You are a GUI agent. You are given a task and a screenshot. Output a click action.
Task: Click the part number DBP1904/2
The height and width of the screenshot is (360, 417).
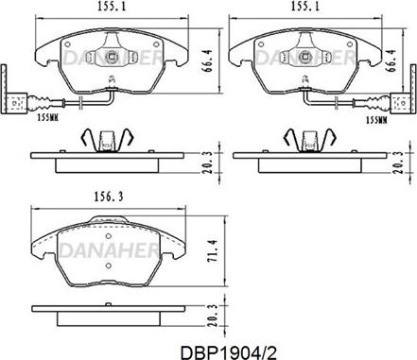(228, 352)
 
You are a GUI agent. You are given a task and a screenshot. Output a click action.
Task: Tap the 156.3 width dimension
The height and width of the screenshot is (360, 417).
(108, 197)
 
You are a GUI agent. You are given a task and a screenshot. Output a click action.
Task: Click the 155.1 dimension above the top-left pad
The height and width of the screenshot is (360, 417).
(112, 7)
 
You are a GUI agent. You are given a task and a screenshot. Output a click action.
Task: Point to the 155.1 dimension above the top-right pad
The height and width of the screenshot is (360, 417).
(304, 7)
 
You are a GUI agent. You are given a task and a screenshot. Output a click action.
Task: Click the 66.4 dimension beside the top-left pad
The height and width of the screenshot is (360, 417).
(208, 61)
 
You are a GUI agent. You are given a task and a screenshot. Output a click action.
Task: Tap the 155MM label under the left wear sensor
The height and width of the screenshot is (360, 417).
(48, 118)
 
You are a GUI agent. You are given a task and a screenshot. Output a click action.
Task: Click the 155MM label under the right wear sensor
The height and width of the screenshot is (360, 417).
(376, 120)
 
